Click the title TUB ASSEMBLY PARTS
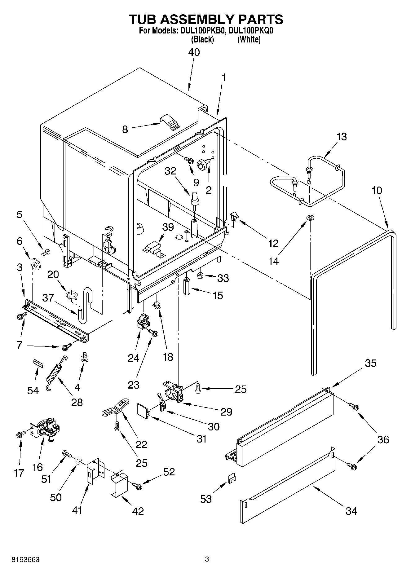coord(206,19)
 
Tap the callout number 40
coord(194,52)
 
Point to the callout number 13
coord(342,137)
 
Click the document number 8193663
coord(25,560)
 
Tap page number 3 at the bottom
coord(207,559)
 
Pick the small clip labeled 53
coord(232,478)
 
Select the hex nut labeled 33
coord(200,275)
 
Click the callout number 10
coord(377,190)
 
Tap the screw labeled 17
coord(20,435)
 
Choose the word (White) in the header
coord(249,39)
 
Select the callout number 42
coord(138,511)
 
